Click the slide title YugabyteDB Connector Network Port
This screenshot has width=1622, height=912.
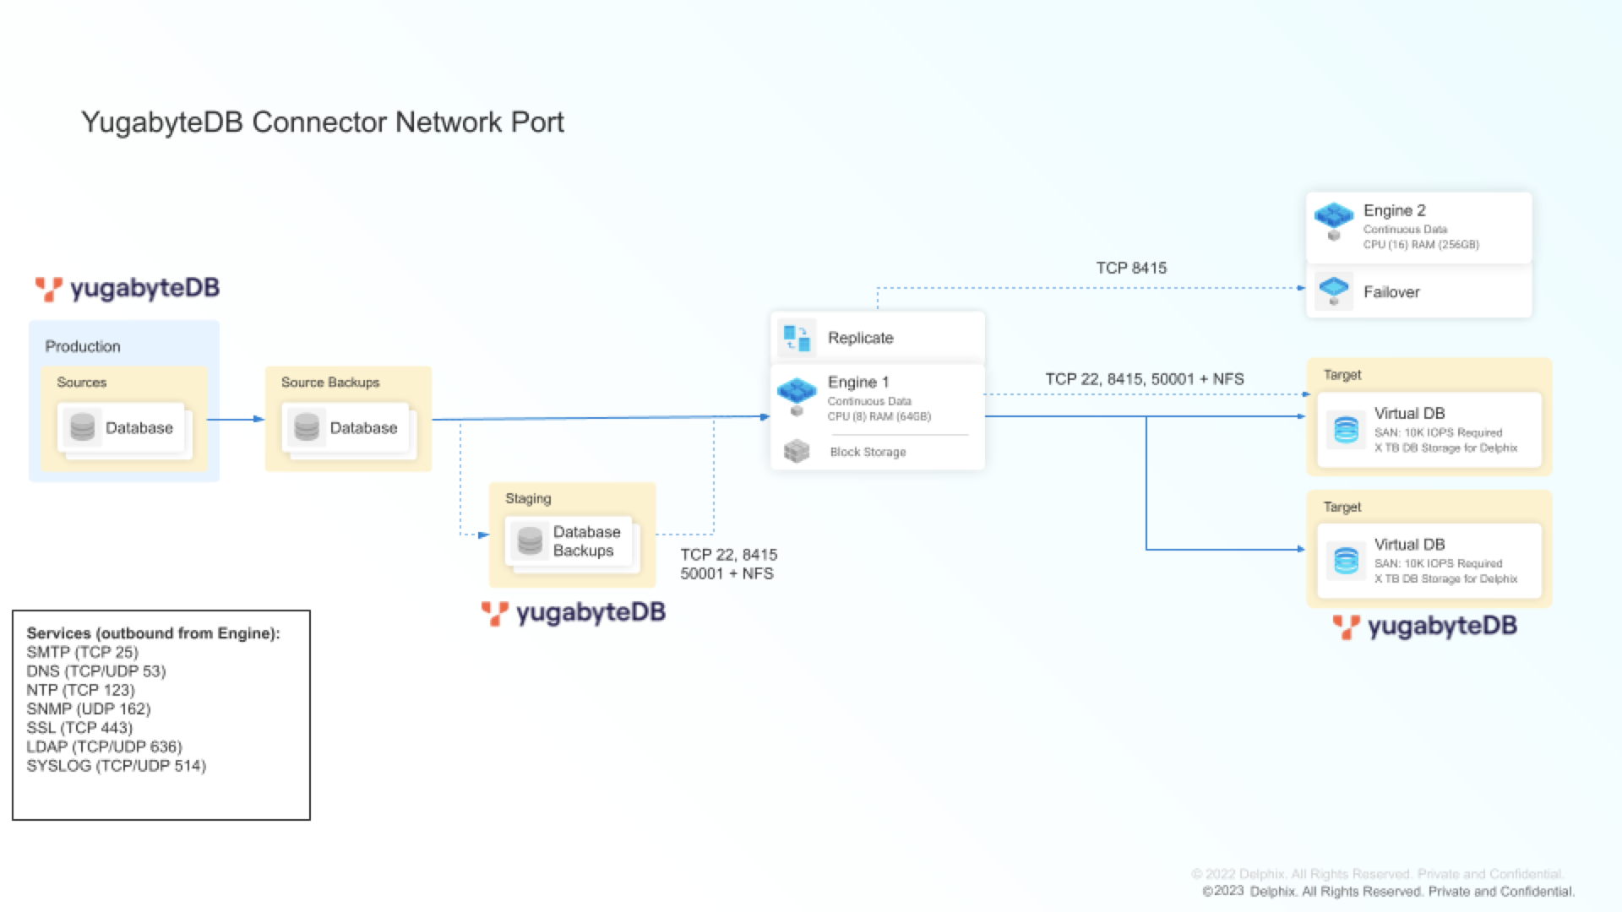tap(322, 122)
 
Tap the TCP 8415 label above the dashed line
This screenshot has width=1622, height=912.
tap(1131, 268)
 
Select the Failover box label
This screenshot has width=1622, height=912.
tap(1391, 292)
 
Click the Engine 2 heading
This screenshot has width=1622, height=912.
tap(1394, 210)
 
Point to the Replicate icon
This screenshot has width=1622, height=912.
tap(796, 338)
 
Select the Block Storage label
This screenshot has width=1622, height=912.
tap(868, 452)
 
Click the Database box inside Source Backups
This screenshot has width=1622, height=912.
tap(346, 428)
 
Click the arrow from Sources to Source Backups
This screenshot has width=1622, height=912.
tap(236, 419)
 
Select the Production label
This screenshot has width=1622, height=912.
tap(83, 346)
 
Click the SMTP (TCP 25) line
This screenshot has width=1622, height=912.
tap(82, 652)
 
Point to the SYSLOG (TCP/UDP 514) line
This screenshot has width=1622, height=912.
tap(116, 766)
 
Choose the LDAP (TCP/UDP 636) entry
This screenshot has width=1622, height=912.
tap(104, 746)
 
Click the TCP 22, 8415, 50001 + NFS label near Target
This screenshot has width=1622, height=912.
tap(1144, 379)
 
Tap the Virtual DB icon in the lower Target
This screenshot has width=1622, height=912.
tap(1346, 561)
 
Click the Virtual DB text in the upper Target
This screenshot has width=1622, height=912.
tap(1409, 413)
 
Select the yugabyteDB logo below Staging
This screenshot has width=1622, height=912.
tap(574, 613)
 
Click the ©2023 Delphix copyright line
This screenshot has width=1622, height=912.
tap(1387, 892)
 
